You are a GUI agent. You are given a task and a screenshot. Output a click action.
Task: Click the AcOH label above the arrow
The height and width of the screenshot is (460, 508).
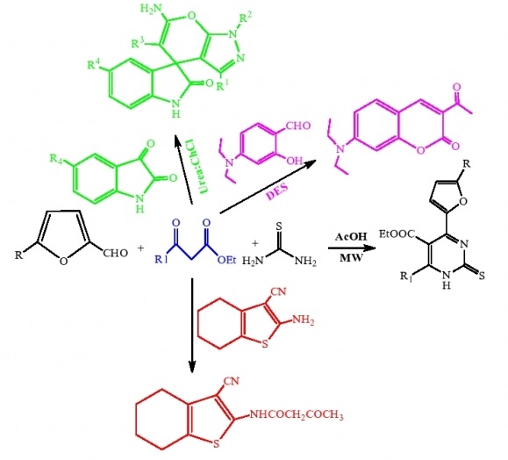tap(351, 237)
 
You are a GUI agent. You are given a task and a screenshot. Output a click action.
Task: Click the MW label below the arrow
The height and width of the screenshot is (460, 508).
tap(351, 258)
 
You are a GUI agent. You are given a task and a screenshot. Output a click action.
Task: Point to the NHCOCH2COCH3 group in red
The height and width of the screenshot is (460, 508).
tap(297, 414)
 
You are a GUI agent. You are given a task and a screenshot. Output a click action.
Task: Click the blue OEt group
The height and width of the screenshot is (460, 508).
tap(226, 260)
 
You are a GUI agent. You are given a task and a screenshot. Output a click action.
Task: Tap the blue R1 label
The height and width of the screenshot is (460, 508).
tap(161, 259)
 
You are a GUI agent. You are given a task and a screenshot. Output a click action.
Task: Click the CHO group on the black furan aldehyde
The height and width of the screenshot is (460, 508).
tap(115, 253)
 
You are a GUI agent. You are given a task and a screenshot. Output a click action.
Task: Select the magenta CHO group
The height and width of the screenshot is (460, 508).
tap(297, 126)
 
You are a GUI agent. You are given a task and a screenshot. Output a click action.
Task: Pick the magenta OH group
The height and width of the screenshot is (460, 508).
tap(295, 161)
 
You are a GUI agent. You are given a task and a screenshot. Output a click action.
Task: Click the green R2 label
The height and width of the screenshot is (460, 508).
tap(246, 18)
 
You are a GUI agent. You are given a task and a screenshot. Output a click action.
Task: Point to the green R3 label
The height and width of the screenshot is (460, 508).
tap(138, 43)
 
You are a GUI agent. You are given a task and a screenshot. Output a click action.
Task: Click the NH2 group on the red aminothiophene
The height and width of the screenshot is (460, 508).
tap(303, 320)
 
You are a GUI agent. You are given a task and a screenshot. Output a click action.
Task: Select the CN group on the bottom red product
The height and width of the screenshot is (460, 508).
tap(232, 381)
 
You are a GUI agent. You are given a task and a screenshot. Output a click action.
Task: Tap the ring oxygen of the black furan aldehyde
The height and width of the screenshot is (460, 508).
tap(64, 261)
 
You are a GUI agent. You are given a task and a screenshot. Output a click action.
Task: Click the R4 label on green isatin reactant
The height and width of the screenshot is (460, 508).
tap(56, 159)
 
